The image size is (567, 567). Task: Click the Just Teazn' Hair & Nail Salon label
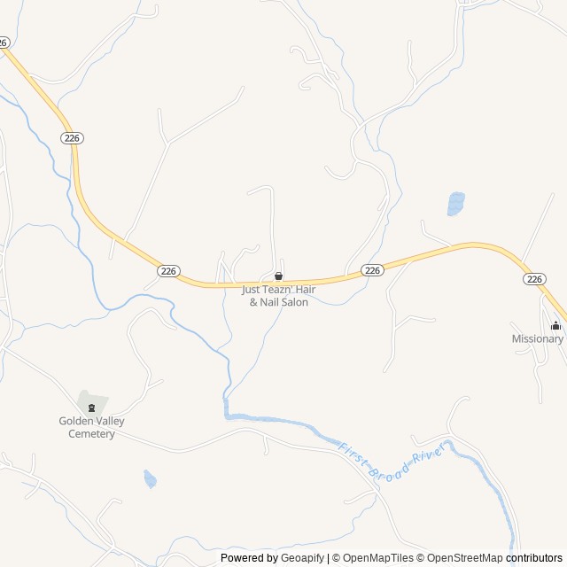[x=278, y=295]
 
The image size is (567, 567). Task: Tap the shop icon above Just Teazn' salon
[x=278, y=276]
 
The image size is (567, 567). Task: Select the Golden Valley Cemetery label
[x=91, y=427]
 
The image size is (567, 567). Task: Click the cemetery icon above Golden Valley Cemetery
[x=91, y=407]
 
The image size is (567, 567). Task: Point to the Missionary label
[x=537, y=338]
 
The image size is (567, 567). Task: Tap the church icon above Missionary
[x=556, y=325]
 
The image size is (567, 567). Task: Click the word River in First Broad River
[x=427, y=453]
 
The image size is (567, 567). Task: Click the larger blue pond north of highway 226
[x=455, y=204]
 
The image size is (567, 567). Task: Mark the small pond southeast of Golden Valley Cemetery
[x=150, y=479]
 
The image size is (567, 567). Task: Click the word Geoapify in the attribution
[x=302, y=558]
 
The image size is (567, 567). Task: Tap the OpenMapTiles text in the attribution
[x=378, y=558]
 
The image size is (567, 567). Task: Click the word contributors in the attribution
[x=534, y=558]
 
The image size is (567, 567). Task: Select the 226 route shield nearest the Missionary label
[x=533, y=278]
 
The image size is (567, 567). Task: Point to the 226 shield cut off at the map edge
[x=4, y=42]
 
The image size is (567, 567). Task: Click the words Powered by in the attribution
[x=248, y=558]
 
